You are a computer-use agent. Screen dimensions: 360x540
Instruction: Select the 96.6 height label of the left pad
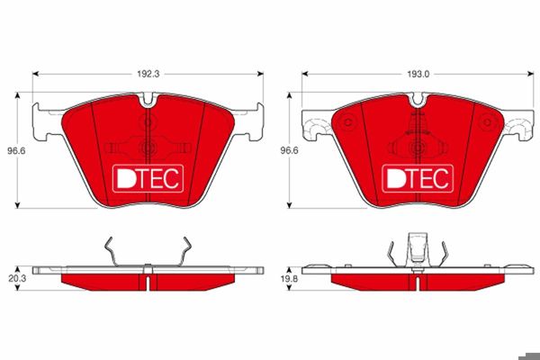pyautogui.click(x=11, y=152)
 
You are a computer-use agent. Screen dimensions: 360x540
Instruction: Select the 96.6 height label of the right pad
pyautogui.click(x=285, y=152)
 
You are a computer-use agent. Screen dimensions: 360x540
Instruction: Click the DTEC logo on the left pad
pyautogui.click(x=148, y=178)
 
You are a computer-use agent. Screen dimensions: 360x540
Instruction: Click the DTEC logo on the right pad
pyautogui.click(x=417, y=178)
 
